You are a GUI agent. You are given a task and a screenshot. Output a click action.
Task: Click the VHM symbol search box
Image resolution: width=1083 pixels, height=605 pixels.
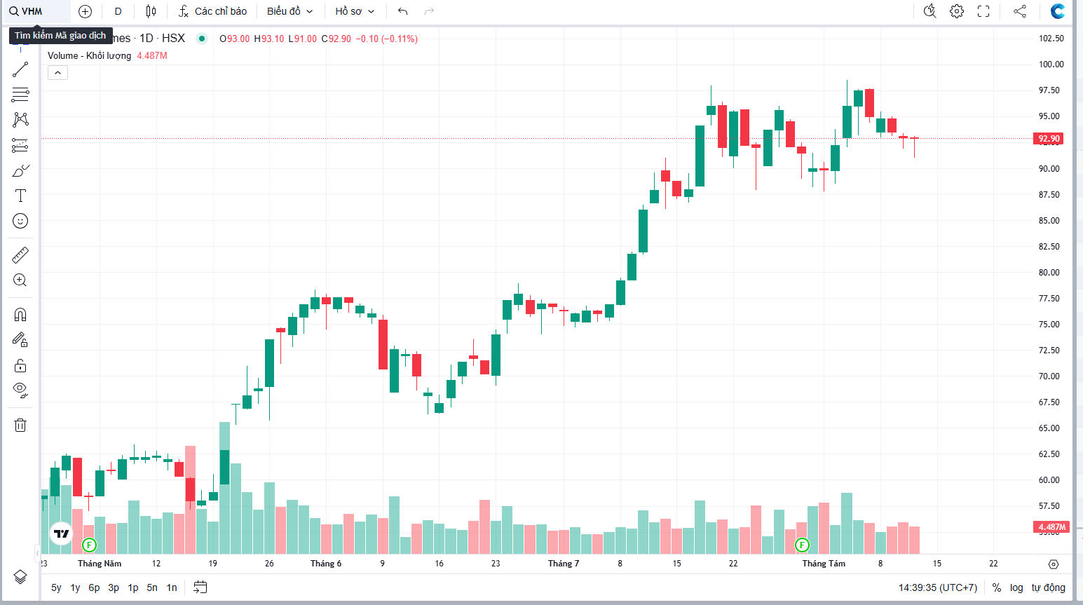(x=35, y=11)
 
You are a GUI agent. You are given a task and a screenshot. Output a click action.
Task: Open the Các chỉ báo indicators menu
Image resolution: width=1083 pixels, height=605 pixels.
(x=212, y=11)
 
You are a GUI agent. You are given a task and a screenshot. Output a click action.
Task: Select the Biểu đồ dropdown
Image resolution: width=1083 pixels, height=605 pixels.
(x=290, y=11)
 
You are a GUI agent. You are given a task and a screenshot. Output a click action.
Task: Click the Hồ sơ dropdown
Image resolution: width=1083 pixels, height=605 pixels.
(x=355, y=11)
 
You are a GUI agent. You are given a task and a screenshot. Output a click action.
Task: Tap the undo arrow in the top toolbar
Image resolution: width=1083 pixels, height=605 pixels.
(x=402, y=11)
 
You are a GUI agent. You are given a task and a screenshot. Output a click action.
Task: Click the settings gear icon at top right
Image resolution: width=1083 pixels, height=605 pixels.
(x=957, y=11)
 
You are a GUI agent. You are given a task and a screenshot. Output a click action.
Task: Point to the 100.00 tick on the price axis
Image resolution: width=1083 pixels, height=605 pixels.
(x=1051, y=64)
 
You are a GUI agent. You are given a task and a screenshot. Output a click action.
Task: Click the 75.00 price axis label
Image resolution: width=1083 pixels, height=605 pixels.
(x=1049, y=325)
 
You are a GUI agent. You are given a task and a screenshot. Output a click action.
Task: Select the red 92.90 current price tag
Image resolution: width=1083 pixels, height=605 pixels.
(x=1049, y=139)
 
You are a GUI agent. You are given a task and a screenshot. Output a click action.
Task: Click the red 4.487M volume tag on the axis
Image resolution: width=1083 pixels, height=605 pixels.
(x=1051, y=527)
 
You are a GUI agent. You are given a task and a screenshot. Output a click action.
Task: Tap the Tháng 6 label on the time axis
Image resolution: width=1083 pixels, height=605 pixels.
(x=326, y=564)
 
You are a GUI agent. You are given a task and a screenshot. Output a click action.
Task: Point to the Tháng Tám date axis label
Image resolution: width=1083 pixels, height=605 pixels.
(x=824, y=564)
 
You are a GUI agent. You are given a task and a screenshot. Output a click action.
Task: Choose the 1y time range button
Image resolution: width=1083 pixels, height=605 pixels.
(x=75, y=587)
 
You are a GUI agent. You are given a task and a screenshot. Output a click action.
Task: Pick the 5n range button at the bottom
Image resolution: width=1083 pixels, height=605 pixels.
(x=152, y=587)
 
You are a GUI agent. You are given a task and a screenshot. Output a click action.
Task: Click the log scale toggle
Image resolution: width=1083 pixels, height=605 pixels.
(x=1016, y=587)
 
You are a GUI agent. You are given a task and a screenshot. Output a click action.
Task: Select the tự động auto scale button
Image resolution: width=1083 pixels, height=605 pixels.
(x=1048, y=587)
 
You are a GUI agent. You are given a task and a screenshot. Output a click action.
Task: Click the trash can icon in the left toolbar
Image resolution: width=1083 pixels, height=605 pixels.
(x=20, y=425)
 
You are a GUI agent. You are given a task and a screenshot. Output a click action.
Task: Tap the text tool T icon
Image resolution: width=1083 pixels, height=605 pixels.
(x=20, y=196)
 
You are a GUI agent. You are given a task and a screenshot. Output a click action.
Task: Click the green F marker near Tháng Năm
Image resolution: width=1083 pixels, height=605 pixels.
(x=89, y=545)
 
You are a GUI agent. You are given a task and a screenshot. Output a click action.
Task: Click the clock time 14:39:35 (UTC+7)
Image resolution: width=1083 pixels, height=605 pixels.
(x=937, y=587)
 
